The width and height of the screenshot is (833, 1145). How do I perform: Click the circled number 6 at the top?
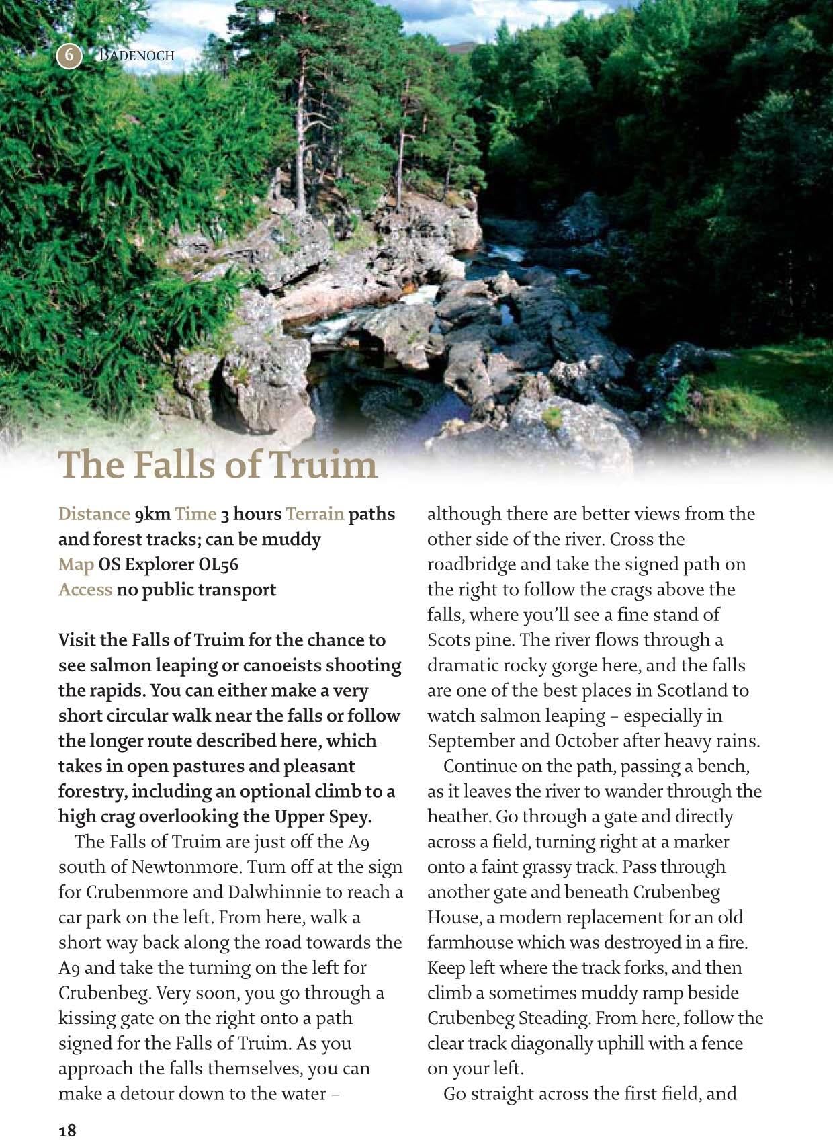pyautogui.click(x=69, y=55)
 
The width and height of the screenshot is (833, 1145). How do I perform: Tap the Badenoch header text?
pyautogui.click(x=136, y=55)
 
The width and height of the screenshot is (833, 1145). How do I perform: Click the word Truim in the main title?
pyautogui.click(x=323, y=464)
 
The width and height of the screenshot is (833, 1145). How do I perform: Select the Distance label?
pyautogui.click(x=93, y=514)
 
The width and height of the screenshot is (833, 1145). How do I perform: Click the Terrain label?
pyautogui.click(x=314, y=514)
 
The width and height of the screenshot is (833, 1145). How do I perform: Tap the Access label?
pyautogui.click(x=85, y=590)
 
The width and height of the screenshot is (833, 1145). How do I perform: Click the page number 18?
pyautogui.click(x=67, y=1130)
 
